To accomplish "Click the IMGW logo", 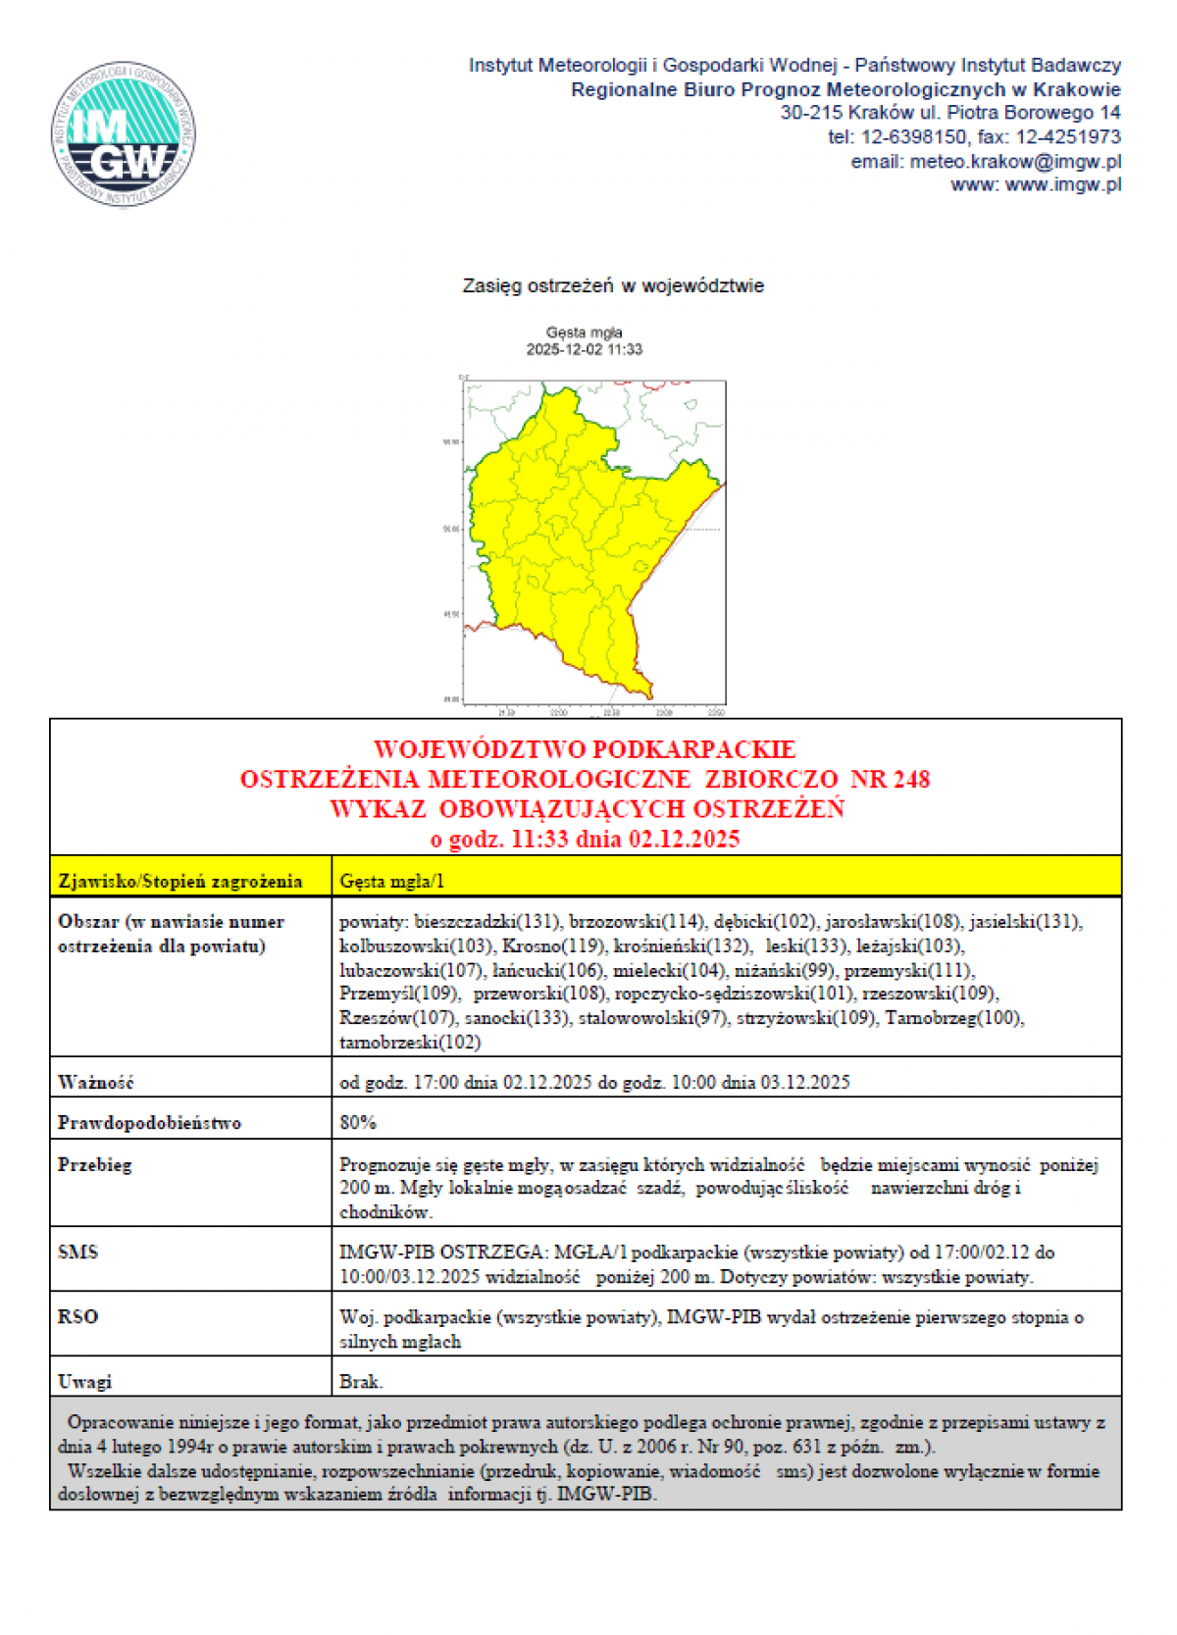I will pyautogui.click(x=124, y=133).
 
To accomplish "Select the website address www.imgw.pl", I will pyautogui.click(x=1063, y=184).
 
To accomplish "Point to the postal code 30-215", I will pyautogui.click(x=811, y=113).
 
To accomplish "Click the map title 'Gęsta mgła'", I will pyautogui.click(x=585, y=332).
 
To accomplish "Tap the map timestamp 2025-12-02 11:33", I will pyautogui.click(x=585, y=349).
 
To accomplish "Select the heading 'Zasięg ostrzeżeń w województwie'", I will pyautogui.click(x=613, y=286).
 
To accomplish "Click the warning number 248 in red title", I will pyautogui.click(x=910, y=780).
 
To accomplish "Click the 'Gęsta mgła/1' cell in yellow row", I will pyautogui.click(x=391, y=881).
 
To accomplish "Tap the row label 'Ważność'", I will pyautogui.click(x=95, y=1083).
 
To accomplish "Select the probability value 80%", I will pyautogui.click(x=358, y=1123).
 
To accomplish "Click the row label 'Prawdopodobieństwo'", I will pyautogui.click(x=149, y=1123).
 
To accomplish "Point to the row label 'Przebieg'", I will pyautogui.click(x=94, y=1165).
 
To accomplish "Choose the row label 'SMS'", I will pyautogui.click(x=78, y=1252).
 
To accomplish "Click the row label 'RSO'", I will pyautogui.click(x=78, y=1317).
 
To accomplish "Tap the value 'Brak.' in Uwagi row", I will pyautogui.click(x=361, y=1382).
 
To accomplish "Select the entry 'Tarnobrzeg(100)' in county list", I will pyautogui.click(x=952, y=1018).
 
